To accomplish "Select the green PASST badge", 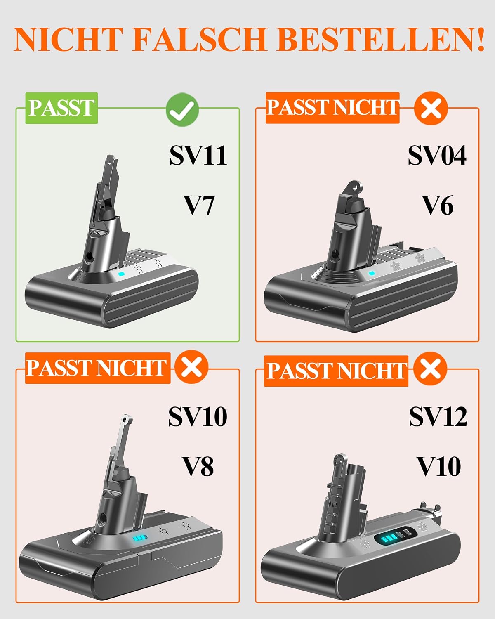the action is click(61, 108).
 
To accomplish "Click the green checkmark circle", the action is click(182, 110).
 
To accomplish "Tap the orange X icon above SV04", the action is click(431, 109).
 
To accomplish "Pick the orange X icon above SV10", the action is click(191, 367).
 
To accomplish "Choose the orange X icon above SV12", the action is click(430, 369).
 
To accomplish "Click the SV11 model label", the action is click(198, 155).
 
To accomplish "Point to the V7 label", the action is click(199, 206).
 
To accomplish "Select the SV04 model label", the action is click(437, 155).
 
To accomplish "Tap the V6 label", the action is click(438, 206).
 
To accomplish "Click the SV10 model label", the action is click(198, 416).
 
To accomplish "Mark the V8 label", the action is click(198, 467).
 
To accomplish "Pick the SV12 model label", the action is click(438, 416).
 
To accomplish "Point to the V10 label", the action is click(439, 467).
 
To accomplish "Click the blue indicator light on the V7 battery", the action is click(121, 274).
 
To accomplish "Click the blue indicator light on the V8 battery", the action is click(139, 538).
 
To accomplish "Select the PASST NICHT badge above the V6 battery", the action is click(332, 108).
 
